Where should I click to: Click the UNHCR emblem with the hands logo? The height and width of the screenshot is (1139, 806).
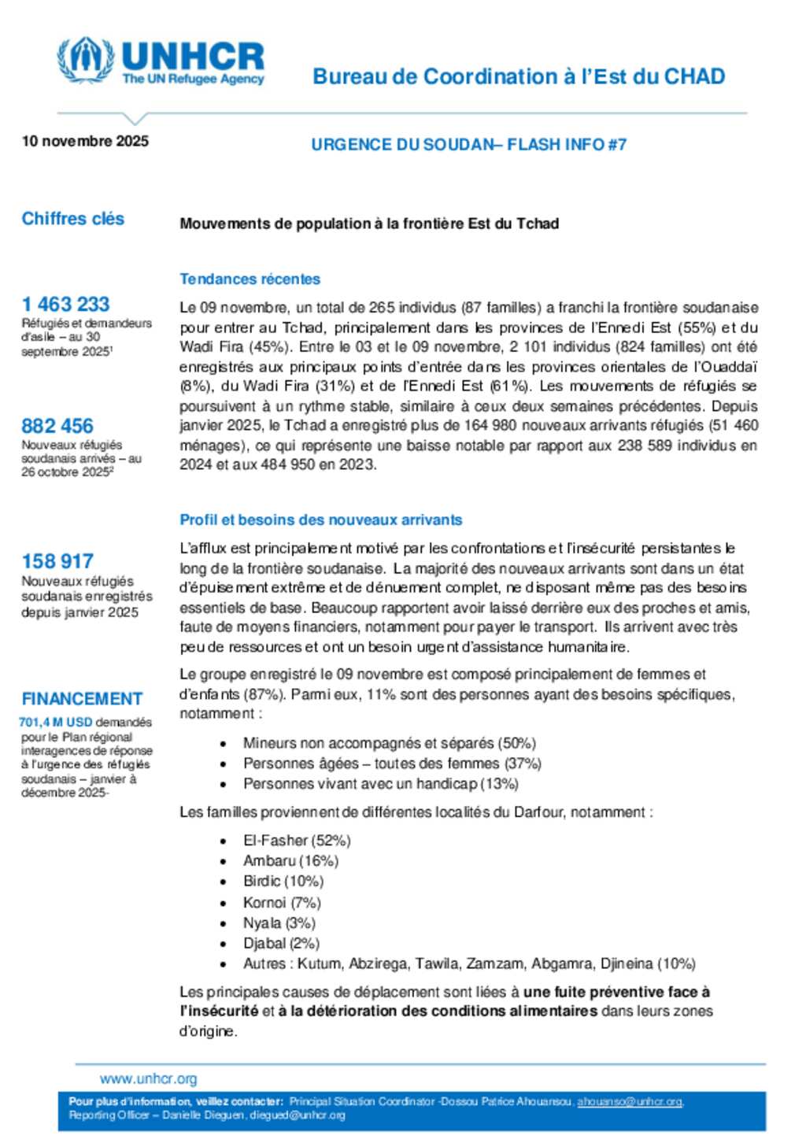(x=85, y=60)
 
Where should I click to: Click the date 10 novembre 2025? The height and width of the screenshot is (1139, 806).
(x=85, y=141)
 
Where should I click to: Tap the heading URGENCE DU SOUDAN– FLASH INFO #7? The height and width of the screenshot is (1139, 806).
(x=468, y=145)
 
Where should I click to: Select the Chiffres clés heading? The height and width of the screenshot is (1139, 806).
(x=72, y=219)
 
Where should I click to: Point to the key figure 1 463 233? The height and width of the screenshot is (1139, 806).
(x=65, y=304)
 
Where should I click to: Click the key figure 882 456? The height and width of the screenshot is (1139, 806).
(x=57, y=426)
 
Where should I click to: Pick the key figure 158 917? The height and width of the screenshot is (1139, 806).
(x=57, y=561)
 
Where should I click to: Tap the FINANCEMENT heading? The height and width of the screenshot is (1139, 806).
(x=82, y=699)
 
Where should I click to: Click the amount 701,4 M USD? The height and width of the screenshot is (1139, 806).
(x=56, y=722)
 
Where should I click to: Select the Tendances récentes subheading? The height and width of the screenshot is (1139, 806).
(x=250, y=279)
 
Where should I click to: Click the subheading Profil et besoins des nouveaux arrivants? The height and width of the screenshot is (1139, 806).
(x=320, y=520)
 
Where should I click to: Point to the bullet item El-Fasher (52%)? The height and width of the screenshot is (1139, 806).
(x=297, y=841)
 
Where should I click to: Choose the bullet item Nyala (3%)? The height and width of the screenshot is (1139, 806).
(x=279, y=923)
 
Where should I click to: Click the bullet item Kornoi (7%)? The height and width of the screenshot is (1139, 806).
(x=282, y=902)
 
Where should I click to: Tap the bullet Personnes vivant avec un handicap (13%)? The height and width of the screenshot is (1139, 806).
(x=380, y=784)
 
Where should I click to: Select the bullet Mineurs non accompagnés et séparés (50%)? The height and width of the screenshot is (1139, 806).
(x=389, y=743)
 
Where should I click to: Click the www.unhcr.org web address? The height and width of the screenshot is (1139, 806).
(x=148, y=1078)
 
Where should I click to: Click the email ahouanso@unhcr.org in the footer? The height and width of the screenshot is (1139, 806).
(x=630, y=1102)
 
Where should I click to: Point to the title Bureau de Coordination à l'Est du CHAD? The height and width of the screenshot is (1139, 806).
(x=519, y=76)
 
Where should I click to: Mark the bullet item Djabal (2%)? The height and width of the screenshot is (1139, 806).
(x=281, y=943)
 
